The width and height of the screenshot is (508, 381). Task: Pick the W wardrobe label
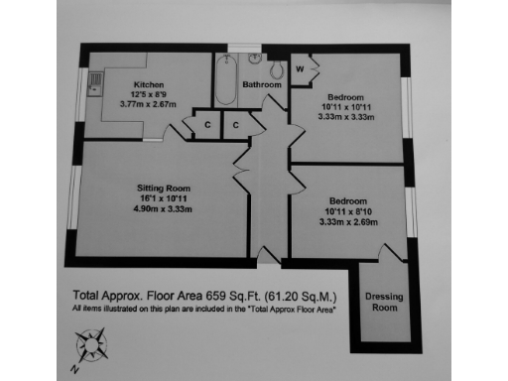point(300,68)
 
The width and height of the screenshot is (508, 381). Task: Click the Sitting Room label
point(163,187)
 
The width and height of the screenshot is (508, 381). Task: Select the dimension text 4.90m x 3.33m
point(163,210)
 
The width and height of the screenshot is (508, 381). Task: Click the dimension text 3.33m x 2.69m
point(348,222)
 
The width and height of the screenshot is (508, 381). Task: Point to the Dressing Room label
point(383,301)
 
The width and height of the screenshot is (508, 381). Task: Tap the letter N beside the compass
point(73,368)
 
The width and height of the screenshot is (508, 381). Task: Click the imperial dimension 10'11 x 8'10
point(348,210)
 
